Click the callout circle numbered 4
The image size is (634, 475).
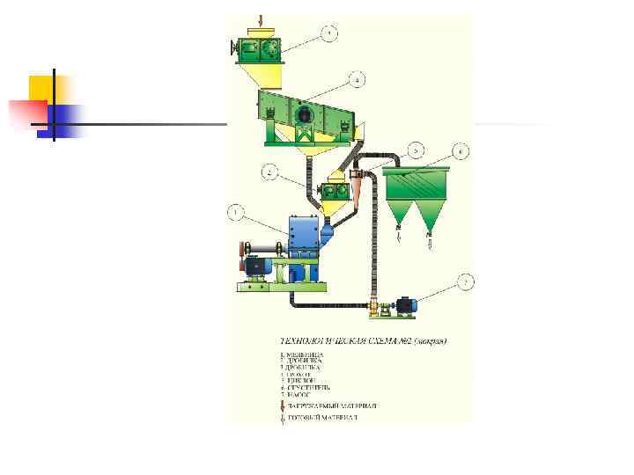click(355, 81)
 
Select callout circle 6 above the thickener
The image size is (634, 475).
click(460, 151)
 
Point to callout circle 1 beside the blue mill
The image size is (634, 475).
click(235, 212)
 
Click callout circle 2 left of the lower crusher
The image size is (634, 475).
click(269, 172)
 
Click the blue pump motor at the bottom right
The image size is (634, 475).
click(406, 305)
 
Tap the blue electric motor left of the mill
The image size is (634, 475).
click(257, 266)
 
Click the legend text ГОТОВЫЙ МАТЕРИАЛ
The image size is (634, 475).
click(321, 418)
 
